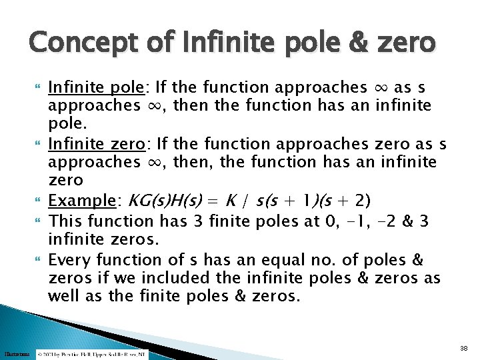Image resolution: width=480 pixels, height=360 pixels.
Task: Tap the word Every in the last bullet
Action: tap(69, 259)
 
